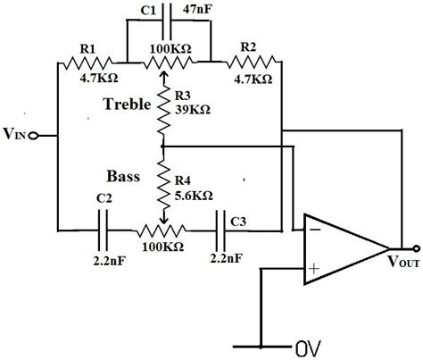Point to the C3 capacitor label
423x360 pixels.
(x=238, y=219)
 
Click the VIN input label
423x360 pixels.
(x=15, y=137)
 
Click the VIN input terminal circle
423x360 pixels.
(x=34, y=136)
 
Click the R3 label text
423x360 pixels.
(x=182, y=95)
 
